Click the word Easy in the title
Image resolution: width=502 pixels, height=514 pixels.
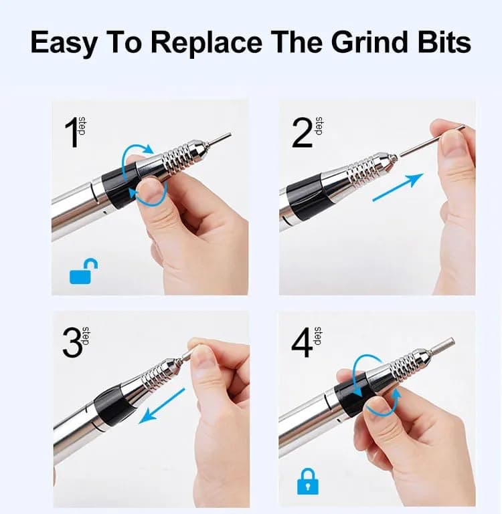[x=64, y=43]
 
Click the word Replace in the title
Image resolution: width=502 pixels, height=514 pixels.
[x=207, y=42]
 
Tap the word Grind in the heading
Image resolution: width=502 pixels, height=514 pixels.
[x=371, y=42]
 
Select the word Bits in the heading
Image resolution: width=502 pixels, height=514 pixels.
[x=444, y=42]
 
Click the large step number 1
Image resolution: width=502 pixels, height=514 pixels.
[x=71, y=133]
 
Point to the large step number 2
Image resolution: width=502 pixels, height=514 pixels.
[x=302, y=133]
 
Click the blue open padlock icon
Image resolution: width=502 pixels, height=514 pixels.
[x=84, y=272]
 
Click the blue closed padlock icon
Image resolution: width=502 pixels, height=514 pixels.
[x=308, y=481]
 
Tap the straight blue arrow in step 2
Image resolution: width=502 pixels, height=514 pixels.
[x=398, y=187]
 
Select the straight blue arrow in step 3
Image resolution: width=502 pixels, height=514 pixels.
[x=162, y=406]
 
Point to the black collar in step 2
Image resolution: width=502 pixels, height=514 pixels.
[x=306, y=197]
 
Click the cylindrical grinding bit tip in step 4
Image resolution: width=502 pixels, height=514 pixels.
[x=441, y=346]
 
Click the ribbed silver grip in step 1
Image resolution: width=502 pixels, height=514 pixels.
[x=179, y=156]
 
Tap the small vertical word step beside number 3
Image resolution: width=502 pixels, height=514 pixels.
[x=86, y=336]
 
